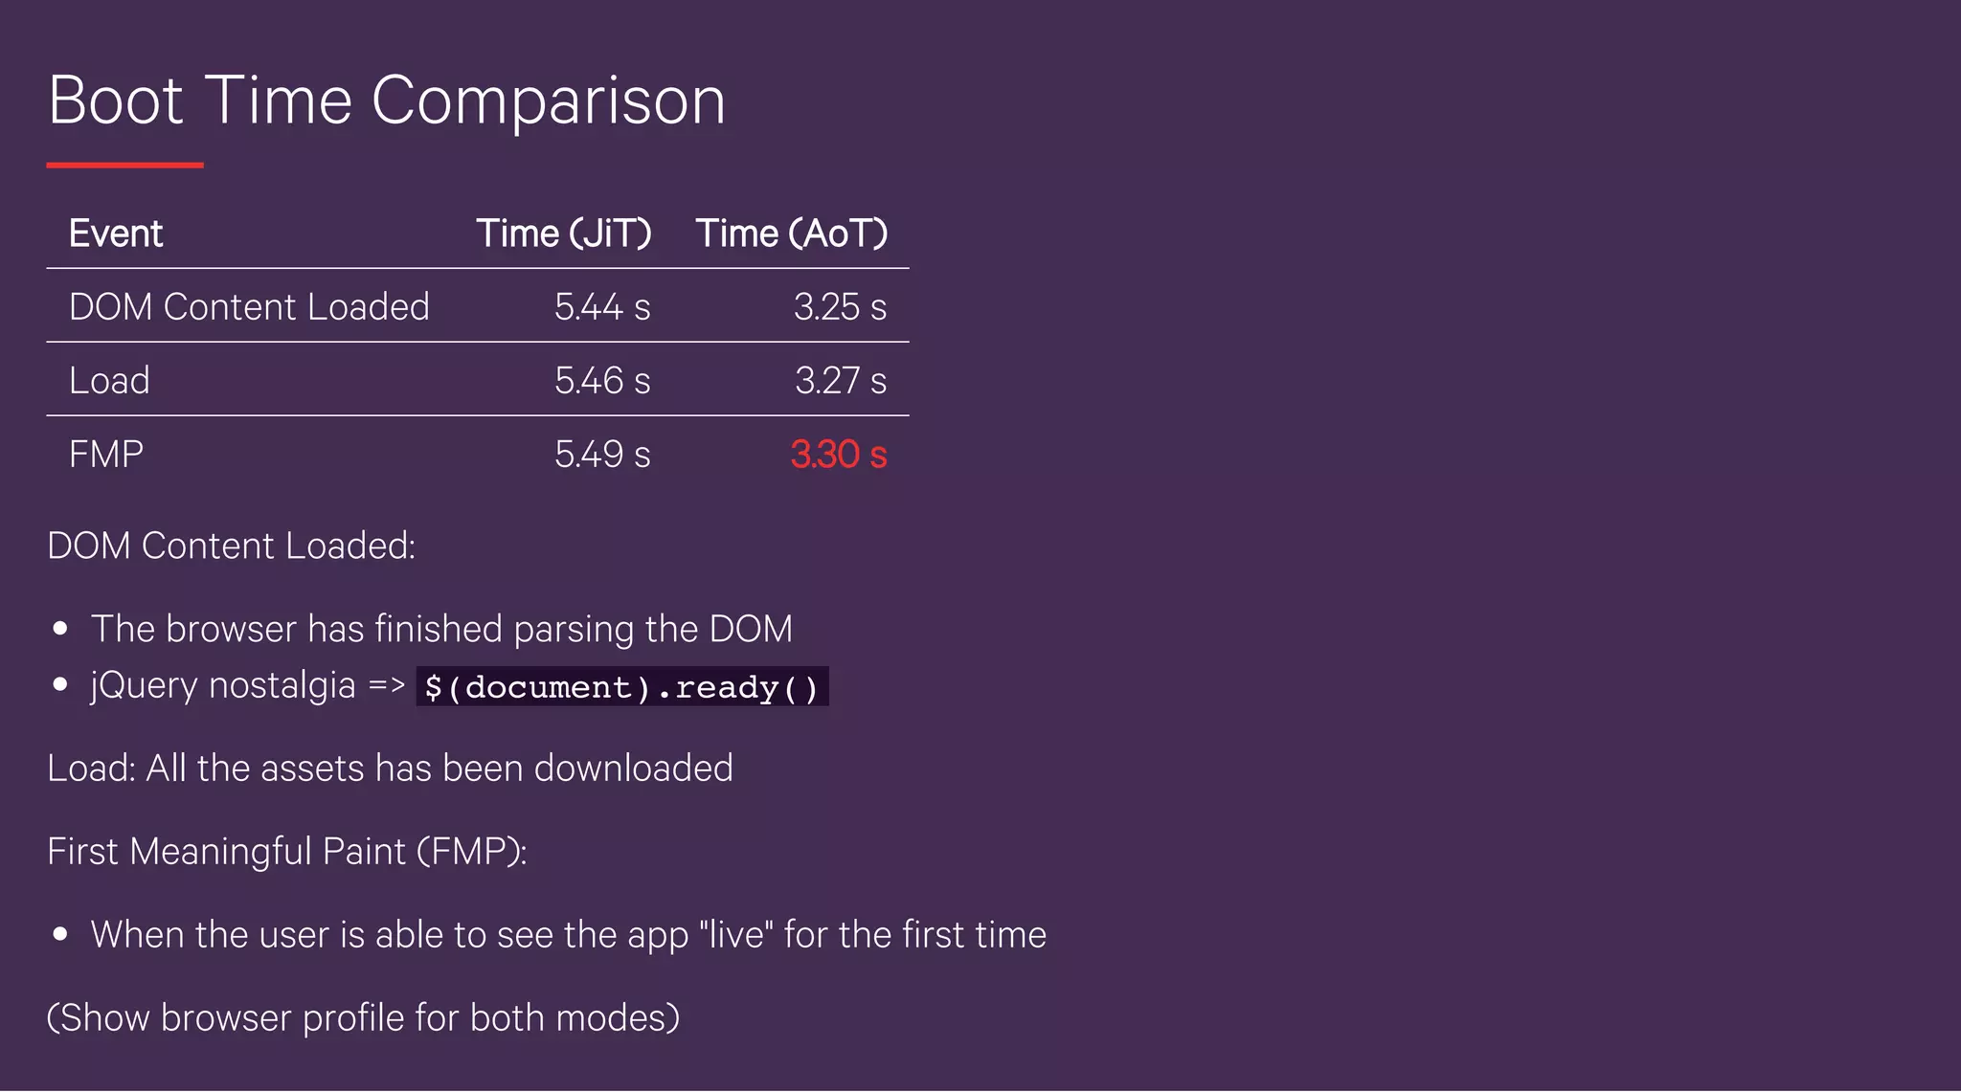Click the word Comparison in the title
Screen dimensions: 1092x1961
coord(548,101)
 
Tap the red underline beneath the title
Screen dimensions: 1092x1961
coord(124,166)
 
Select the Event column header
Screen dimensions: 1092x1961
coord(116,234)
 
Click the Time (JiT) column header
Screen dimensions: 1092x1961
coord(563,234)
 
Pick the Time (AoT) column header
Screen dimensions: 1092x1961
coord(791,234)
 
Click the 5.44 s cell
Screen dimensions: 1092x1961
coord(601,307)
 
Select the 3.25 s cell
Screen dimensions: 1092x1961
coord(840,307)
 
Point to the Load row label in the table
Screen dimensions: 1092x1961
coord(109,381)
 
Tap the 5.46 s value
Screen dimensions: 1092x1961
coord(601,381)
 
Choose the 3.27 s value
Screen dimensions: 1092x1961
coord(840,381)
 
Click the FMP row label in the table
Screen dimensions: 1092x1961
coord(106,455)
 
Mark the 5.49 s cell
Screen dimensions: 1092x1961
coord(601,455)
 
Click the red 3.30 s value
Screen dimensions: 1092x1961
coord(838,455)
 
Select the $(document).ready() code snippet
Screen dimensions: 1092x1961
coord(621,687)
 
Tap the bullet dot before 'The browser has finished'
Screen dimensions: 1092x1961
coord(61,629)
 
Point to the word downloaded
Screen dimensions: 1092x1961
coord(633,769)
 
